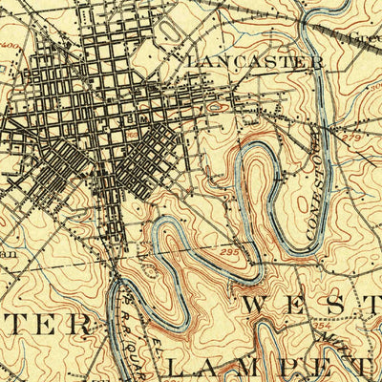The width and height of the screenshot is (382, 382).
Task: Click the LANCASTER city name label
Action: [255, 61]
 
